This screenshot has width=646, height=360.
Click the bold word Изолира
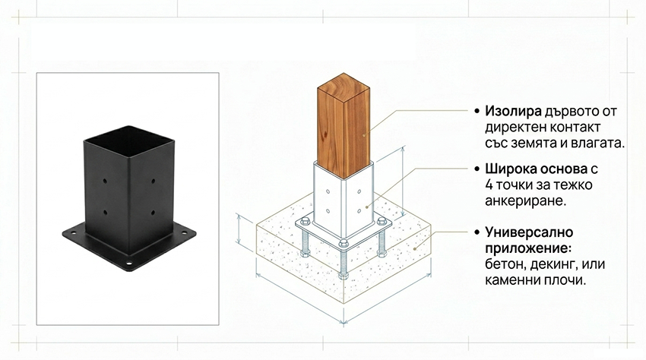(513, 111)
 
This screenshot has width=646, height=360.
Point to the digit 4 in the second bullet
(489, 185)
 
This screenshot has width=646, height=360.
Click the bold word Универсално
(529, 232)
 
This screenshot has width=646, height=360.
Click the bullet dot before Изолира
(477, 111)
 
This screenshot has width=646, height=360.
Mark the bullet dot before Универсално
(477, 232)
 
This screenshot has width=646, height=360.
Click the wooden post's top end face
(344, 88)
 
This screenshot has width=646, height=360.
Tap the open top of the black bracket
(128, 141)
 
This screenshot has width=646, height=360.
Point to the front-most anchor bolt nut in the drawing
(344, 243)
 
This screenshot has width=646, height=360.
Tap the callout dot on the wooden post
(364, 134)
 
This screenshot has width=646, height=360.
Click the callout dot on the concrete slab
(415, 249)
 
